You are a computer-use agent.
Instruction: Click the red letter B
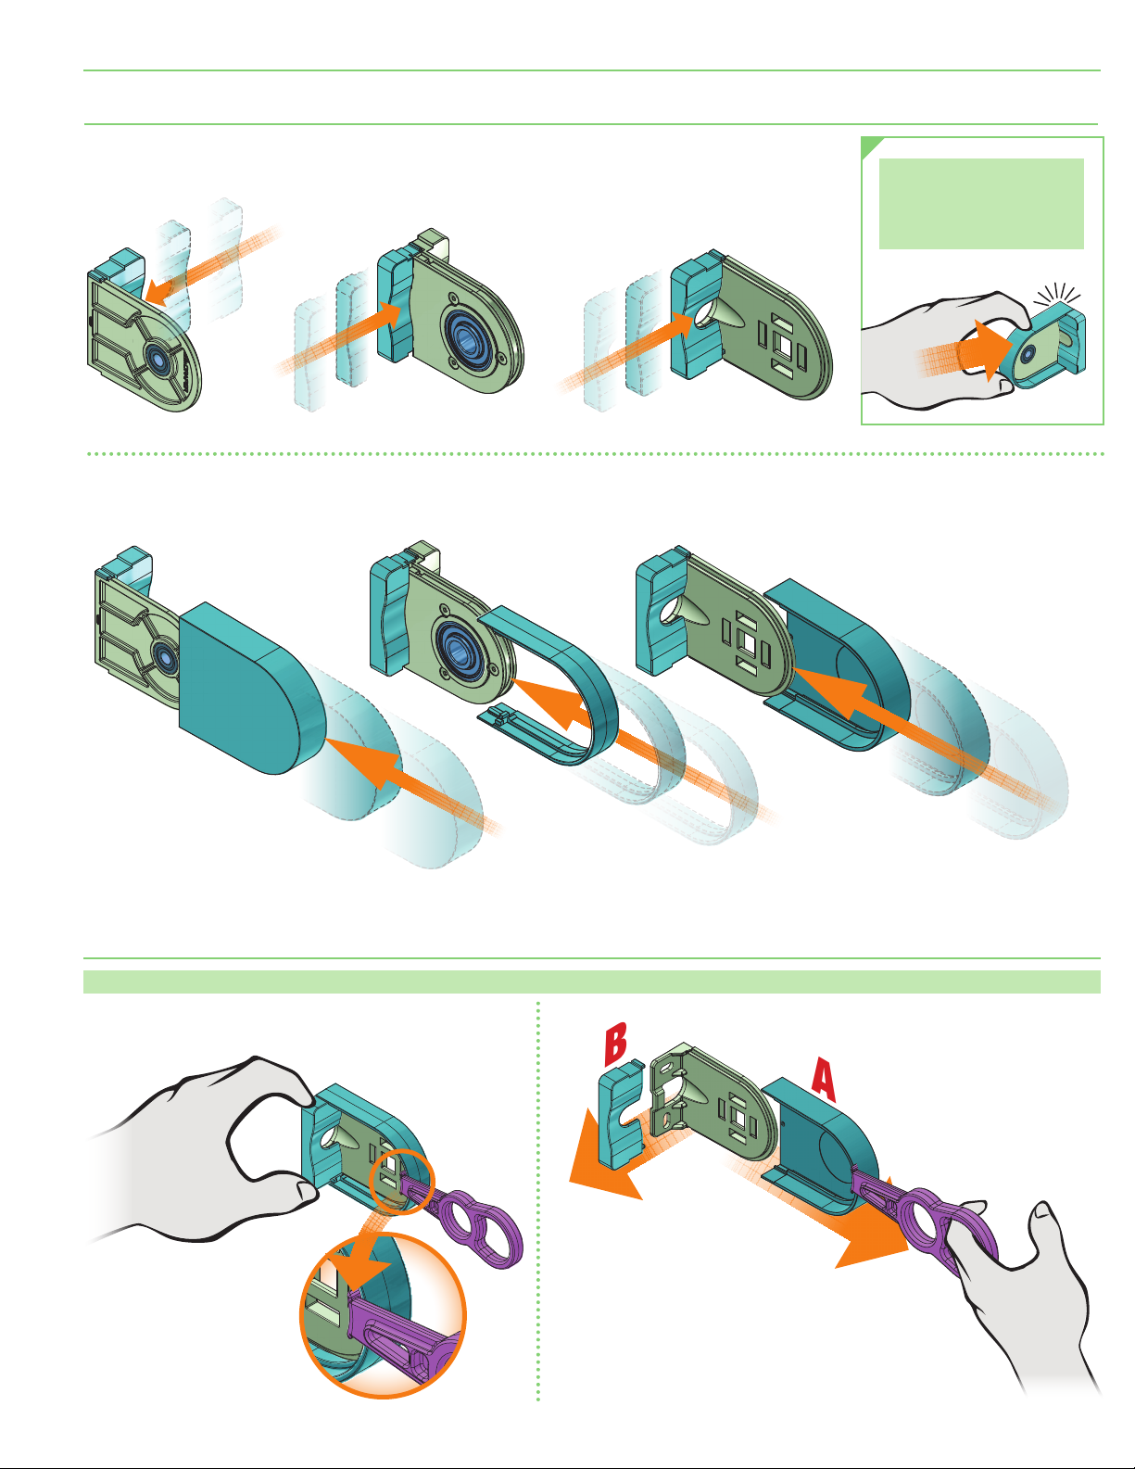click(x=615, y=1043)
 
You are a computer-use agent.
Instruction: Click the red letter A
click(x=825, y=1080)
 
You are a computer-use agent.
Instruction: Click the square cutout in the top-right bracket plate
click(x=786, y=346)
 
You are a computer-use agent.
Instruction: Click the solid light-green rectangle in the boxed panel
click(x=981, y=204)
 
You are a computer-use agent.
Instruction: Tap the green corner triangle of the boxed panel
click(x=870, y=146)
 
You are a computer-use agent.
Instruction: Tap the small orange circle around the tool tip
click(x=399, y=1184)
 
